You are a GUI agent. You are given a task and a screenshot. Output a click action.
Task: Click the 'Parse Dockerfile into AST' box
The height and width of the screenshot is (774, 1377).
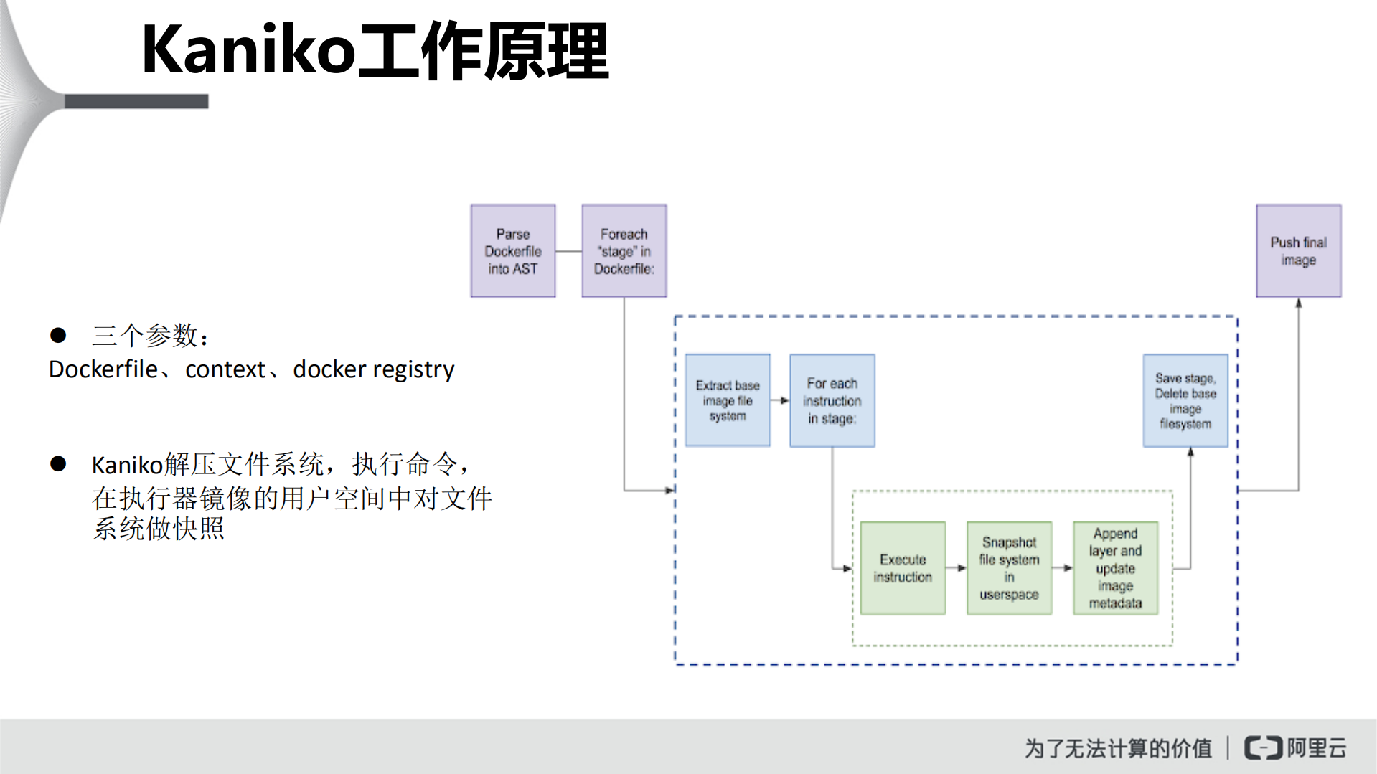click(512, 251)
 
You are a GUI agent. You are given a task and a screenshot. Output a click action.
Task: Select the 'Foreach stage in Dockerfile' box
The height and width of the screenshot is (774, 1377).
click(624, 251)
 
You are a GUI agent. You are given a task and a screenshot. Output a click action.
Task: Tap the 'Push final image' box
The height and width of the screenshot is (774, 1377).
click(1298, 251)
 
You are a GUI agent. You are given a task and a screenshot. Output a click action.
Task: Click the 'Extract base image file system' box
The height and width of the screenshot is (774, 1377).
click(727, 400)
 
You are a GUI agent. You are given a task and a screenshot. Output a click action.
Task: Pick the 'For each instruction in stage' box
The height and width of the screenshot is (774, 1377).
click(832, 400)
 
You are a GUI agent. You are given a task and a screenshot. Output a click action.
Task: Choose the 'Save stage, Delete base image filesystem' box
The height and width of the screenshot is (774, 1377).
click(1185, 400)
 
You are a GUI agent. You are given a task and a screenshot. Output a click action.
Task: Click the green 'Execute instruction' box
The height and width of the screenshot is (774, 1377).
click(902, 568)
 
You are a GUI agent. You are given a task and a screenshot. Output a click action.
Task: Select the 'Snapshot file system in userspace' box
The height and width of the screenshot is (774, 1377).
click(1009, 568)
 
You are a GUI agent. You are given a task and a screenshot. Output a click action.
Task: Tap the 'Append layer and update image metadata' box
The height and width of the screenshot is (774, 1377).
click(1115, 568)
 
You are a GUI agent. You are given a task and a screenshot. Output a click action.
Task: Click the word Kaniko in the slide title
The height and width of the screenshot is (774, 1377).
click(248, 50)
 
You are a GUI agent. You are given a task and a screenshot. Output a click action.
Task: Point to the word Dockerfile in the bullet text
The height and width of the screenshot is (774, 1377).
click(103, 369)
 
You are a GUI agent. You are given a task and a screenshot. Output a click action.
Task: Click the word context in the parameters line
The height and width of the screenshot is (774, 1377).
click(225, 369)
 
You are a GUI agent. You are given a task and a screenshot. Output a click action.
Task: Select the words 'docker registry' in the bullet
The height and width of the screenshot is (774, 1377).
click(373, 369)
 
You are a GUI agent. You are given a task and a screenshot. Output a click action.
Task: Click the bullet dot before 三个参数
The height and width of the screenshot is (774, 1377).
click(58, 335)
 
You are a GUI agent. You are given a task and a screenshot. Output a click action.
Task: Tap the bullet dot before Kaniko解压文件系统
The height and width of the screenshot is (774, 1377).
click(58, 464)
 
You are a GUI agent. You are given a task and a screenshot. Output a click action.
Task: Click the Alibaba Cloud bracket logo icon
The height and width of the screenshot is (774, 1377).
click(1263, 747)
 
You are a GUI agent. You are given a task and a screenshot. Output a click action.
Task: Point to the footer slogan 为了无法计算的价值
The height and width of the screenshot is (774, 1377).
click(1118, 748)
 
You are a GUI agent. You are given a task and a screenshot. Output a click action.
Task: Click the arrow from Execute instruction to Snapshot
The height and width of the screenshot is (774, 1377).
click(956, 568)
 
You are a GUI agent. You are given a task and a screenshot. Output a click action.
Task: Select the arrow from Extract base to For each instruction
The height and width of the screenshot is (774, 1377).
click(780, 400)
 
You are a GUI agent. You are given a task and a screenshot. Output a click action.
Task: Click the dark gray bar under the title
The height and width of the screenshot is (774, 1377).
click(136, 102)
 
